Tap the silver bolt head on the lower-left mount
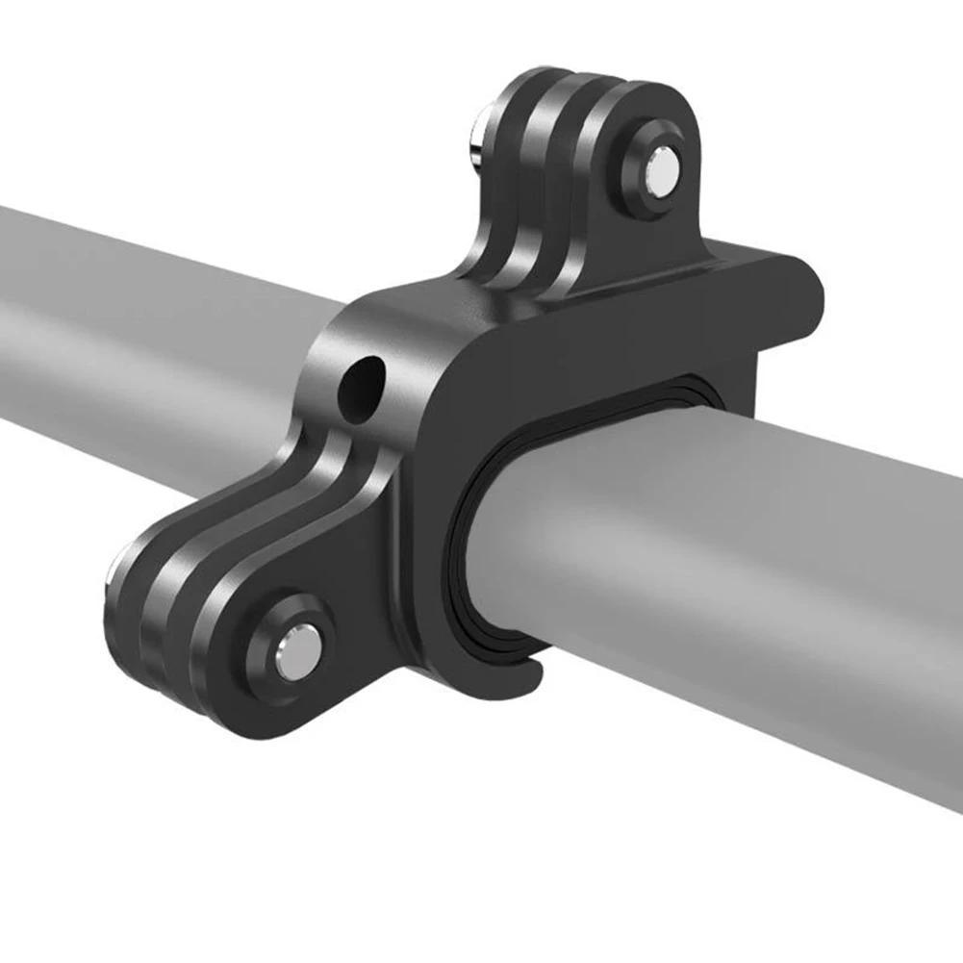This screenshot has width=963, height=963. [x=292, y=655]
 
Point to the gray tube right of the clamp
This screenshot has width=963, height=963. [x=750, y=577]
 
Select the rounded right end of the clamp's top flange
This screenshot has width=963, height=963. [x=803, y=289]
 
